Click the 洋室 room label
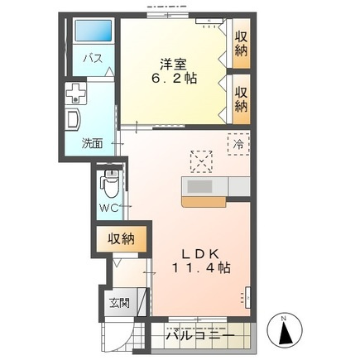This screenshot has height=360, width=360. pyautogui.click(x=172, y=63)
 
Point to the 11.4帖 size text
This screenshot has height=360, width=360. pyautogui.click(x=202, y=268)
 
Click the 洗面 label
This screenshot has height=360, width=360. pyautogui.click(x=92, y=142)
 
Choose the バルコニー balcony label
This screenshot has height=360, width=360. pyautogui.click(x=199, y=338)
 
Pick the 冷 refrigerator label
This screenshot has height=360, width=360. pyautogui.click(x=238, y=142)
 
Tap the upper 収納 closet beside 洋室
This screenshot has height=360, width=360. pyautogui.click(x=241, y=43)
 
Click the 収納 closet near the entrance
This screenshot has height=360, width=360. pyautogui.click(x=120, y=240)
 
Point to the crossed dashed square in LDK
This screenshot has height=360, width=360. pyautogui.click(x=201, y=159)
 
